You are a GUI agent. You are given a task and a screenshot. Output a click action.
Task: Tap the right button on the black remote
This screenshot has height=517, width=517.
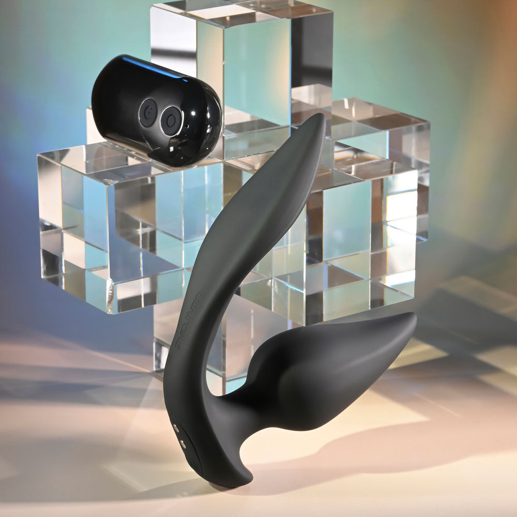click(x=170, y=120)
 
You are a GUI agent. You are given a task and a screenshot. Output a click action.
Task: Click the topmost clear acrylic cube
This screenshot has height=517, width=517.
click(x=243, y=57)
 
